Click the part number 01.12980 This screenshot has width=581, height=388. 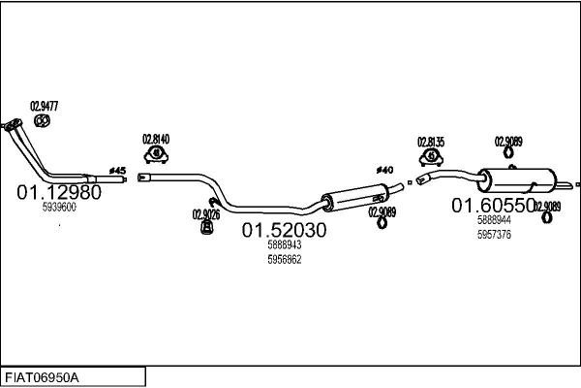tap(59, 192)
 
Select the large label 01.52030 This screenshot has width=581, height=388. tap(284, 230)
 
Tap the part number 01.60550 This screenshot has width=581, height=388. tap(494, 206)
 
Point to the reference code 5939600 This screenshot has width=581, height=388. tap(59, 208)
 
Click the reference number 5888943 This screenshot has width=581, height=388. tap(285, 244)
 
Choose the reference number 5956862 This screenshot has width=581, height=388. tap(285, 259)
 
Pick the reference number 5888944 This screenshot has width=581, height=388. tap(494, 220)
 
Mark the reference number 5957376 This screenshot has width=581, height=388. tap(494, 235)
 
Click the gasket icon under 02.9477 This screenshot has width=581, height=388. tap(43, 120)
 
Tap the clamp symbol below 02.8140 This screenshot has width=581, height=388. tap(156, 154)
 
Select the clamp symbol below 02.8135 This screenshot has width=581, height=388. tap(431, 157)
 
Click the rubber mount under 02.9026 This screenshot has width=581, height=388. tap(207, 227)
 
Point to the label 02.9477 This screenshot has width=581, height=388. tap(45, 106)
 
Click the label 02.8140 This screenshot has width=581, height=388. tap(156, 140)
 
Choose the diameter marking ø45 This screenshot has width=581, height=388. tap(118, 171)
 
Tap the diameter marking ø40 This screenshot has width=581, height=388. tap(385, 170)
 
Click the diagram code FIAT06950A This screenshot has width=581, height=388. tap(42, 377)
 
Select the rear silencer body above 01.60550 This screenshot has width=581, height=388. tap(517, 180)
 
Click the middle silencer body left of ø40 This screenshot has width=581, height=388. tap(354, 198)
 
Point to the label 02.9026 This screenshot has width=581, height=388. tap(206, 214)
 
